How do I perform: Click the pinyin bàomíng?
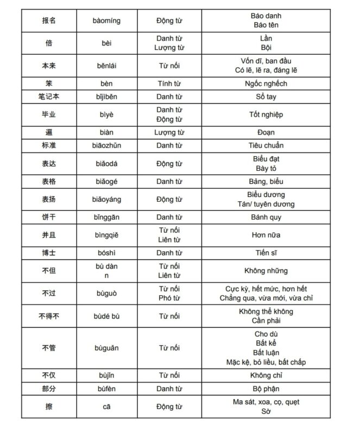coord(106,21)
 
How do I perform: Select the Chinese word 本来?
coord(48,66)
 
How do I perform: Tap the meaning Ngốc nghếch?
coord(266,84)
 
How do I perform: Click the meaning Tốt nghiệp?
coord(266,114)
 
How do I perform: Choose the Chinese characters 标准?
coord(48,145)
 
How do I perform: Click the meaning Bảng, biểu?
coord(266,181)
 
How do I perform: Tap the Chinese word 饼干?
coord(48,217)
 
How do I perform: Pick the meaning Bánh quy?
coord(266,217)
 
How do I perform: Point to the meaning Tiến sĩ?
coord(266,253)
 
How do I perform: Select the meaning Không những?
coord(266,271)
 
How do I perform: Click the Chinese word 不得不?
coord(48,316)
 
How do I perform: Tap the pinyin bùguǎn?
coord(106,348)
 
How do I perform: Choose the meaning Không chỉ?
coord(266,375)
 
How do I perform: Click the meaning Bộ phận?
coord(266,389)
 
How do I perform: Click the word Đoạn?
coord(266,132)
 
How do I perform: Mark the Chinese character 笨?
coord(48,84)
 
